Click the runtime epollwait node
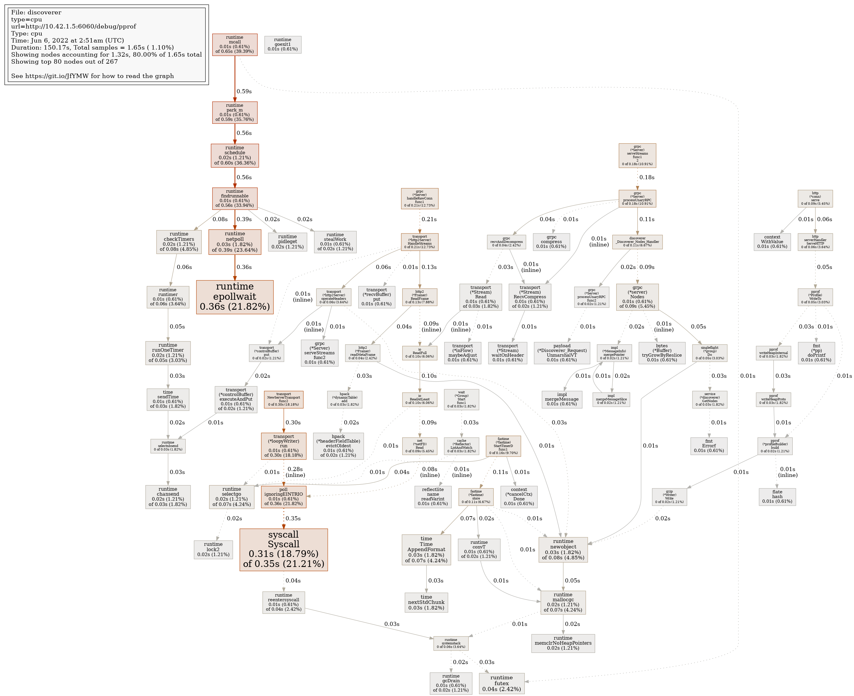(235, 297)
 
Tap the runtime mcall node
(235, 45)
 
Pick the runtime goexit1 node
(283, 45)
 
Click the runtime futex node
(501, 683)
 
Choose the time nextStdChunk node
(426, 602)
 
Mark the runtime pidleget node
(287, 242)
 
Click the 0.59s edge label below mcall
(244, 92)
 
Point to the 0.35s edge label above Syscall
(293, 518)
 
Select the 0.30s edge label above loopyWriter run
(293, 423)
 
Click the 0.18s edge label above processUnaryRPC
(647, 177)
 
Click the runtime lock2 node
(213, 549)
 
